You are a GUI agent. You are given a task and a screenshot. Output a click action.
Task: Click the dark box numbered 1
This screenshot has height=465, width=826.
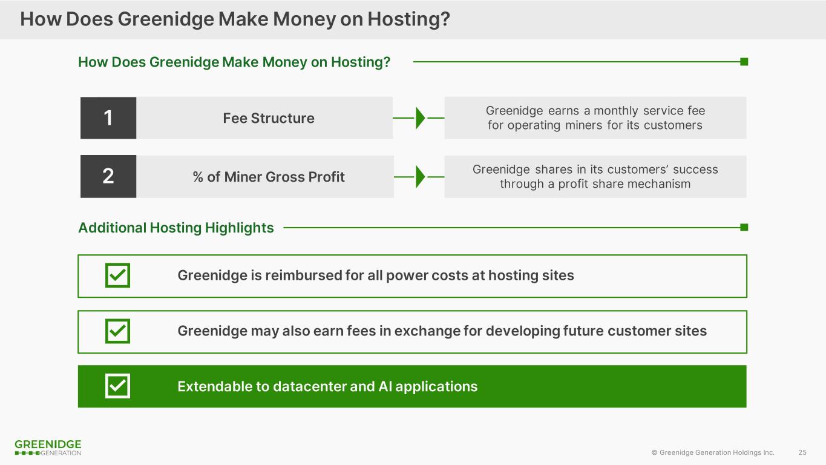tap(108, 118)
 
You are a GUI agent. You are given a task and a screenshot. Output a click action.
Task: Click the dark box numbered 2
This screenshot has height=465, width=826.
tap(108, 176)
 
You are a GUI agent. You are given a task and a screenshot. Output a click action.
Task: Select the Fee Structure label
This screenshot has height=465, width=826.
tap(269, 118)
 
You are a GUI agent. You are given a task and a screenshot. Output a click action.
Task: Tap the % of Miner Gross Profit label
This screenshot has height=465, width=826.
tap(269, 177)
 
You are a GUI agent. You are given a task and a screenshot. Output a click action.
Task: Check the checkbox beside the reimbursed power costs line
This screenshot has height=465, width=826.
tap(117, 275)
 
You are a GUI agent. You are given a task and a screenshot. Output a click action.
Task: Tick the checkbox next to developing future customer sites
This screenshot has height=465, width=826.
tap(117, 331)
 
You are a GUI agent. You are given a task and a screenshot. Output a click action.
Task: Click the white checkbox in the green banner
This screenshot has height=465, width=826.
tap(117, 386)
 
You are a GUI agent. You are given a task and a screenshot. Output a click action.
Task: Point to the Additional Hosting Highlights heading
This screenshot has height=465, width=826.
tap(176, 228)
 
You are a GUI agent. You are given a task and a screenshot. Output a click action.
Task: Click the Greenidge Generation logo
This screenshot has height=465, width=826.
tap(48, 447)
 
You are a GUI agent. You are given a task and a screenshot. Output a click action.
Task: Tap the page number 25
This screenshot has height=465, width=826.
tap(802, 452)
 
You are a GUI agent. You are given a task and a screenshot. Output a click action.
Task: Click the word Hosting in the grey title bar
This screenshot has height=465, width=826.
tap(408, 19)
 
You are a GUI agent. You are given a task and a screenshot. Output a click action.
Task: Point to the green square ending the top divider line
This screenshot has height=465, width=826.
tap(744, 62)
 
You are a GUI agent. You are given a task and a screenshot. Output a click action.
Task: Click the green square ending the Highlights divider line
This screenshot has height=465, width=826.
tap(744, 227)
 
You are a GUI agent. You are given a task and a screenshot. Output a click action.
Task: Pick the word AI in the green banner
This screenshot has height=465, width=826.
tap(385, 386)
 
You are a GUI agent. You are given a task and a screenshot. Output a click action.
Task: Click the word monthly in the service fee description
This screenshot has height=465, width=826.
tap(616, 111)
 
